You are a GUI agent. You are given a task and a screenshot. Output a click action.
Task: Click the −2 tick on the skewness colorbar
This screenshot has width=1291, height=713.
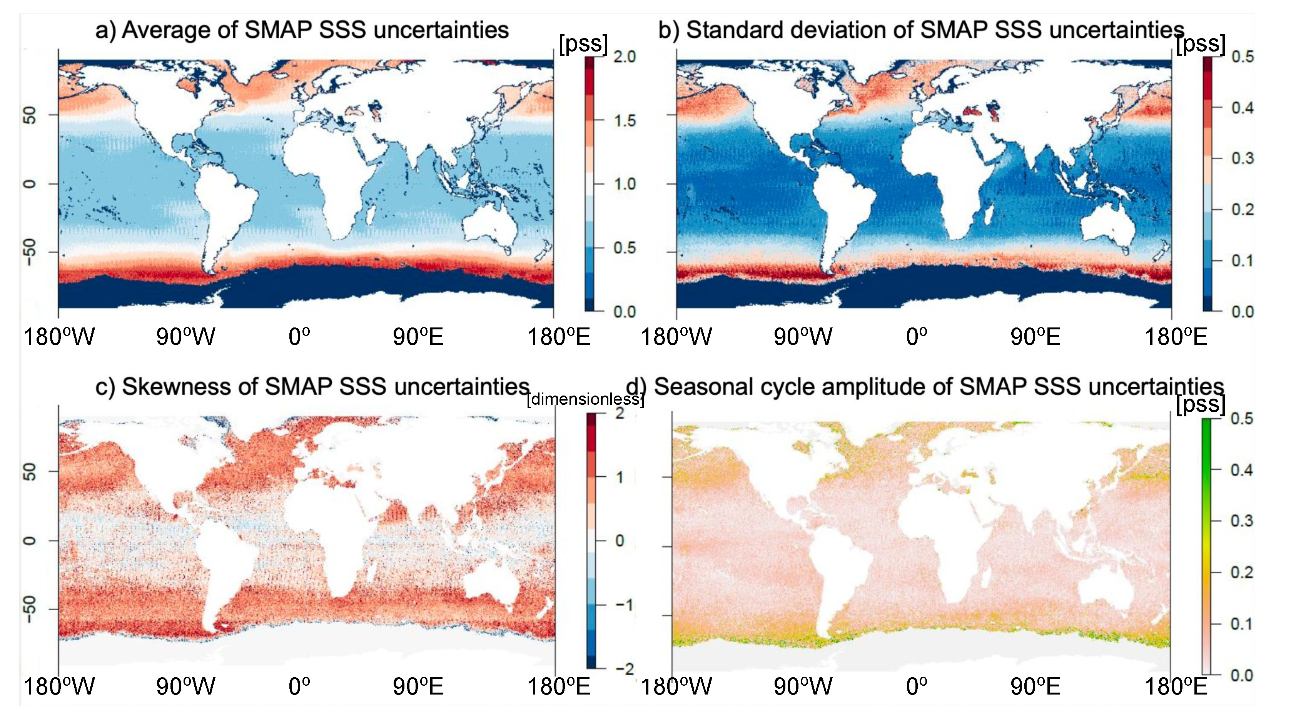point(623,668)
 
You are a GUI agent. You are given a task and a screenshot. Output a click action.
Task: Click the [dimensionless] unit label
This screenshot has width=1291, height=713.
point(585,399)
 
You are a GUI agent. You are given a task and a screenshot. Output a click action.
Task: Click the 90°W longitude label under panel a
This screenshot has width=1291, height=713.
point(185,337)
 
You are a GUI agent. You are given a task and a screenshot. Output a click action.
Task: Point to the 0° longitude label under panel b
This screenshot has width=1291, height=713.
point(916,337)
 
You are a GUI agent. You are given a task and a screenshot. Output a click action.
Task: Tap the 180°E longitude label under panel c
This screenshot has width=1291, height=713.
point(558,686)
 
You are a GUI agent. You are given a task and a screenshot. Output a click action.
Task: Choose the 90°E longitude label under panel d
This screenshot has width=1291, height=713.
point(1035,686)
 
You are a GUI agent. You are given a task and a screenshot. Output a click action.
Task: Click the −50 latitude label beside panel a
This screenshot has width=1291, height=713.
point(30,252)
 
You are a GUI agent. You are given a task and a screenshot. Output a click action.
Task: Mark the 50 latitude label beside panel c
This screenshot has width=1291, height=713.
point(30,471)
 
